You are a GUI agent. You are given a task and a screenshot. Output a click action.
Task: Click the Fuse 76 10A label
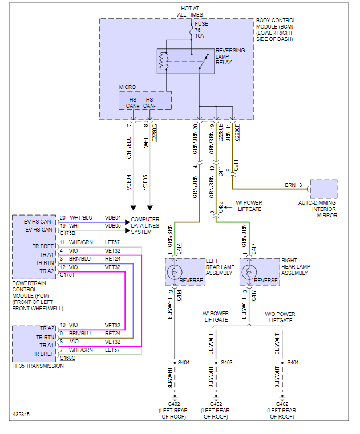pos(200,30)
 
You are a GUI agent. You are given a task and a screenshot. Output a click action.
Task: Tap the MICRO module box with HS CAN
pos(144,100)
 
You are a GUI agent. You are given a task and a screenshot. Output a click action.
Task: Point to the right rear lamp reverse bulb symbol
pos(249,271)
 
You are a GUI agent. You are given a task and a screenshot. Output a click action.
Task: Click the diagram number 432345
pos(22,414)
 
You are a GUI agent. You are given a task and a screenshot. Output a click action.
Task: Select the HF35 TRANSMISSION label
pos(38,366)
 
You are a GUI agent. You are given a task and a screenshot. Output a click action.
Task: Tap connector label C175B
pos(67,233)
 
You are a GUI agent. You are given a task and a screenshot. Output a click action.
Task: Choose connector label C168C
pos(67,358)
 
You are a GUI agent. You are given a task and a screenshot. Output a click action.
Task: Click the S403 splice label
pos(226,362)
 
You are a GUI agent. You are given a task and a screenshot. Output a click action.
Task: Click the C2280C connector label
pos(155,133)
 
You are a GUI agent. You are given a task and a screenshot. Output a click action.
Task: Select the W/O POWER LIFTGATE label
pos(280,317)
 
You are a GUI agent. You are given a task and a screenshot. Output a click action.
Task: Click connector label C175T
pos(67,274)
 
